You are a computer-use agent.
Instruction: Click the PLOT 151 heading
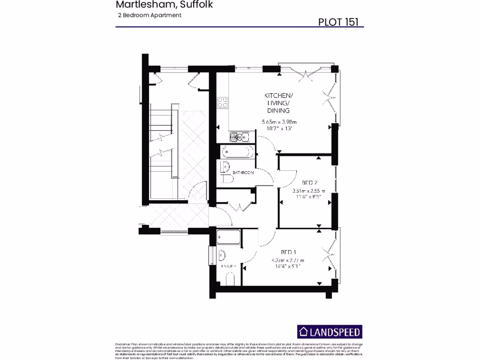tap(340, 22)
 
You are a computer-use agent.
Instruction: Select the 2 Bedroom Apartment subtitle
tap(150, 15)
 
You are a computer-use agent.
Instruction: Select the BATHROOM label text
tap(243, 173)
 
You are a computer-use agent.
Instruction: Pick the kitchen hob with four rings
tap(223, 102)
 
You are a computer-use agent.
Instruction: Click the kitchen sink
tap(239, 137)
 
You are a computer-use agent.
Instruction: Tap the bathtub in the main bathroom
tap(237, 152)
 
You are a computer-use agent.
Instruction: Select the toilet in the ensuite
tap(230, 280)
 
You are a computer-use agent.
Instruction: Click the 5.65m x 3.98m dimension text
tap(279, 122)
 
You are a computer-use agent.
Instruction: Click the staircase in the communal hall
tap(162, 141)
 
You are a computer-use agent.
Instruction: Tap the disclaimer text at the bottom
tap(240, 351)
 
